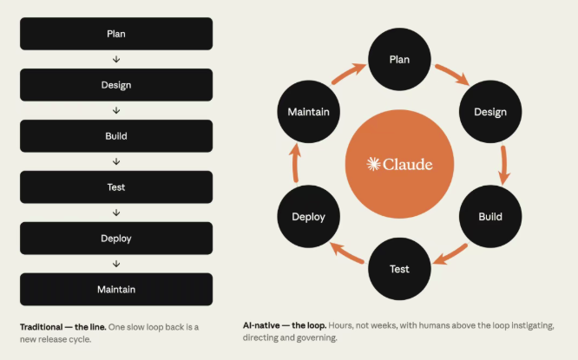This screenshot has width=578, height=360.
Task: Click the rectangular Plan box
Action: click(116, 34)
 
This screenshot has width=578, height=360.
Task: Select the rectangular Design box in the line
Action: click(116, 85)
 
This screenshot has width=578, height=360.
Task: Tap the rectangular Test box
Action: click(116, 187)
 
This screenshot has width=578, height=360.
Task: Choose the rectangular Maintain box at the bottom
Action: click(116, 289)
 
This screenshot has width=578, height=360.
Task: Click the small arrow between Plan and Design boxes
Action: click(116, 59)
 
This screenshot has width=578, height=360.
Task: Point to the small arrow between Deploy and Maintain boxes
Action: click(116, 264)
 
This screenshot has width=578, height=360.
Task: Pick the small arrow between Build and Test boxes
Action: click(116, 161)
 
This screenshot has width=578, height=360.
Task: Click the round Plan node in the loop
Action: click(399, 59)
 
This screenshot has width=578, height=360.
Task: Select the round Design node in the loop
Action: click(490, 112)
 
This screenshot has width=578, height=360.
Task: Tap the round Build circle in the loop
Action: click(490, 216)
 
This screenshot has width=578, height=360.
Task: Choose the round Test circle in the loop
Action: click(399, 269)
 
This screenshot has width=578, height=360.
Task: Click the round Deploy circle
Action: click(309, 216)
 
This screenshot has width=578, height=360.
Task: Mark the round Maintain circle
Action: click(309, 112)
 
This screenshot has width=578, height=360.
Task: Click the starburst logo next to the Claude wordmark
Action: click(373, 164)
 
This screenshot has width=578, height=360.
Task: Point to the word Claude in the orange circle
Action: click(408, 164)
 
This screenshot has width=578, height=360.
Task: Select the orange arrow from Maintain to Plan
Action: click(348, 73)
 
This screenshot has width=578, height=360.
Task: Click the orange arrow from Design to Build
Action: click(504, 165)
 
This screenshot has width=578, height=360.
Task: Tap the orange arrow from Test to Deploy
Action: click(346, 252)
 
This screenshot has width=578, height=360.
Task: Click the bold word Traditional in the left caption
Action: click(42, 327)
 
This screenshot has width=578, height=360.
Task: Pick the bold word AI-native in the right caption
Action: click(261, 325)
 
